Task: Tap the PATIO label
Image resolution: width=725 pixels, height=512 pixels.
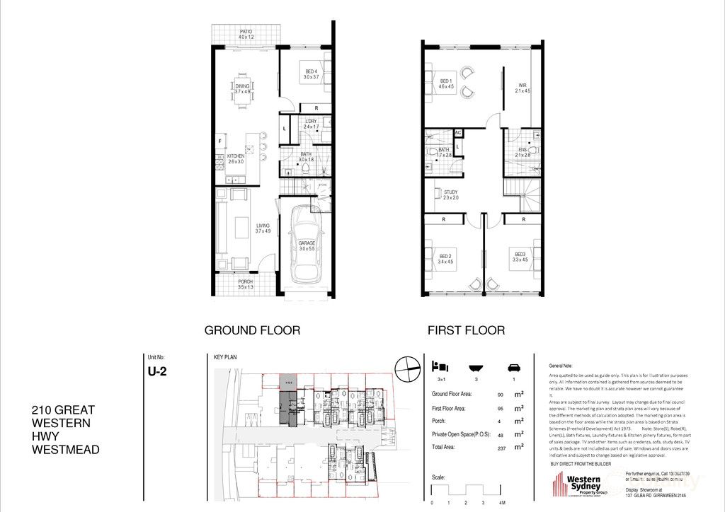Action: click(246, 32)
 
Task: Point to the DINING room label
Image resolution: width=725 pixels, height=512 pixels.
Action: click(243, 87)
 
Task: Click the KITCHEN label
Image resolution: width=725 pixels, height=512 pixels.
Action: click(236, 156)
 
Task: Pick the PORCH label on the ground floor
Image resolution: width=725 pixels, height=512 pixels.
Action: click(246, 281)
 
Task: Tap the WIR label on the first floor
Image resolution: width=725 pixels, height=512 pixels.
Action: click(523, 86)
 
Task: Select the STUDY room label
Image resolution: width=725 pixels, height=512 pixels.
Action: click(451, 192)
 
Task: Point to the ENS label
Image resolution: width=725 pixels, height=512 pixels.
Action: click(523, 150)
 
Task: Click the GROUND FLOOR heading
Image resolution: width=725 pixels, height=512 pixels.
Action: click(252, 330)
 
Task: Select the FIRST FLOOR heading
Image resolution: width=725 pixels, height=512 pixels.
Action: click(466, 330)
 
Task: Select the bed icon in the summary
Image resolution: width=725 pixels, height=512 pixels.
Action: click(439, 367)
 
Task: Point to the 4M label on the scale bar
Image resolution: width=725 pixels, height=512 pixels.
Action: click(501, 502)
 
